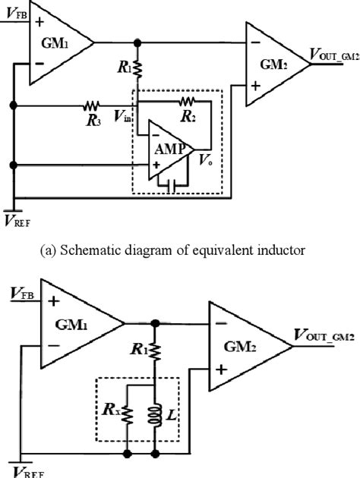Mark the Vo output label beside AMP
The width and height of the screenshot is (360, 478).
(204, 162)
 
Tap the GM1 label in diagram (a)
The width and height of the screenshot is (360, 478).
(55, 45)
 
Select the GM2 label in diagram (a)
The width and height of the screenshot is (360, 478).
(275, 64)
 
